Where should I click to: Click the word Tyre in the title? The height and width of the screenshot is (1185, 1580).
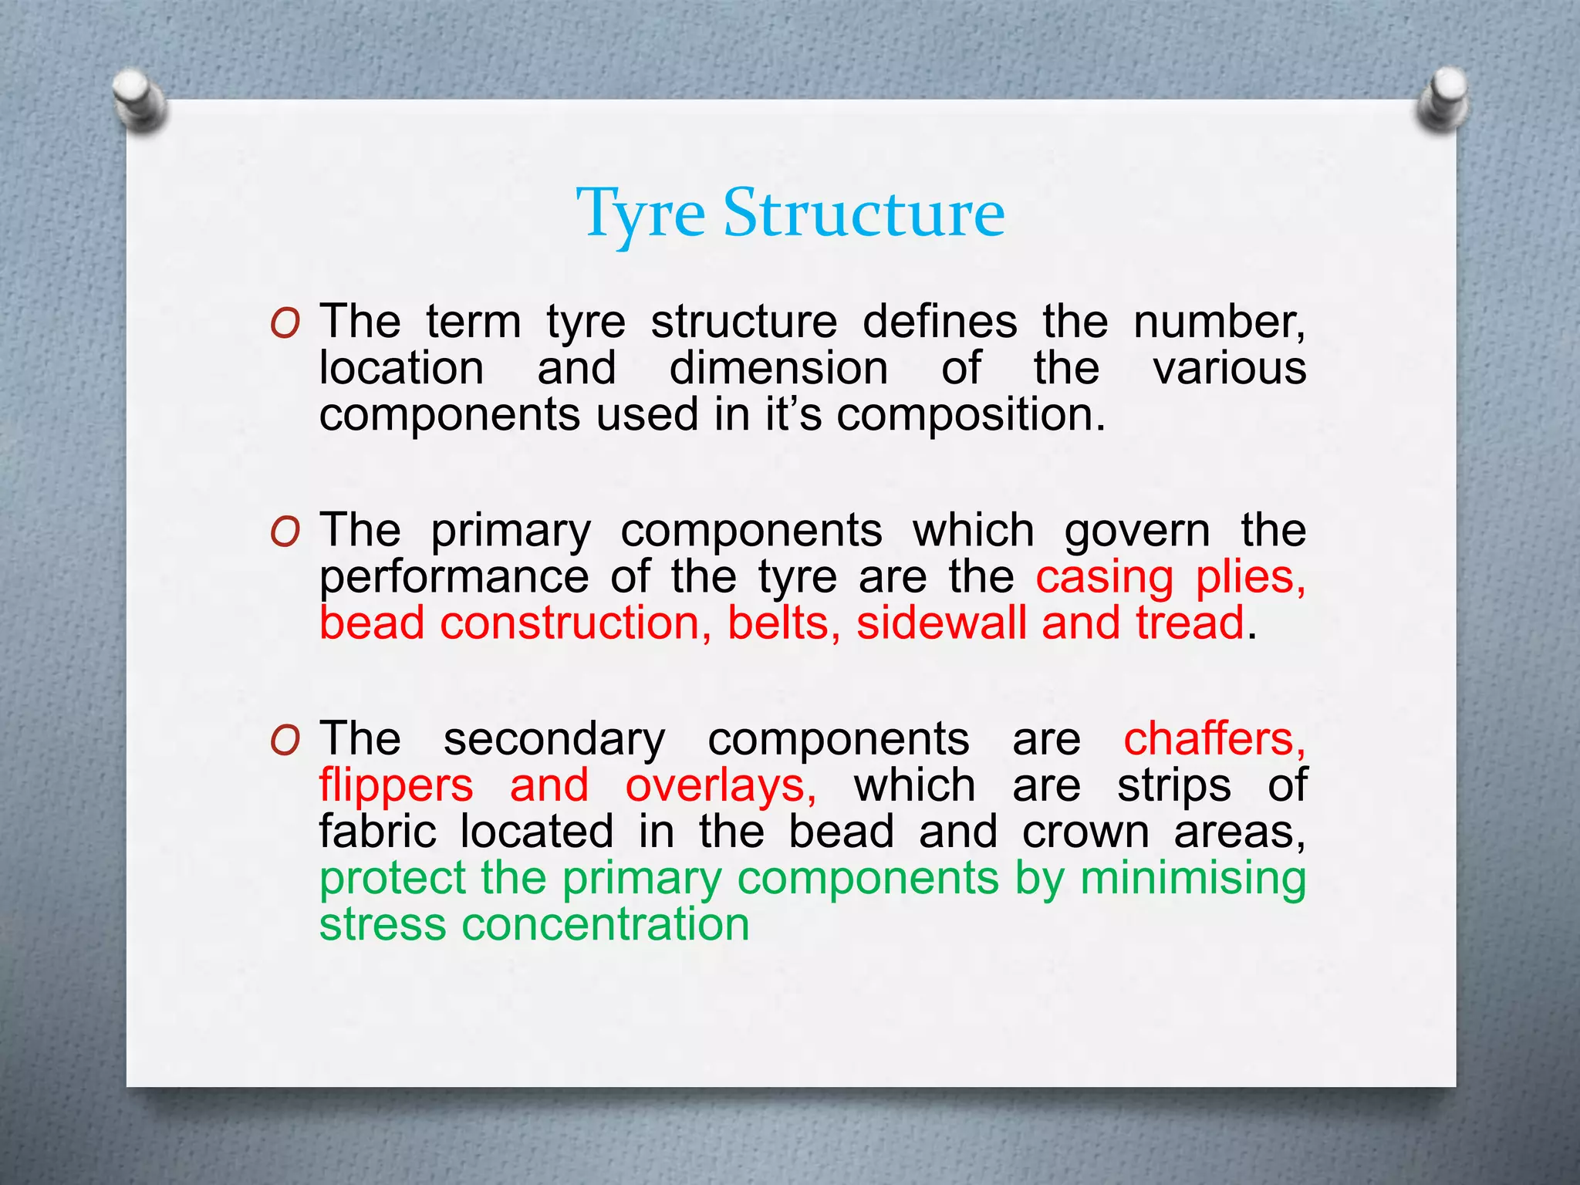640,214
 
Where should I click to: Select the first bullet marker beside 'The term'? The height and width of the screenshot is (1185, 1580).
285,324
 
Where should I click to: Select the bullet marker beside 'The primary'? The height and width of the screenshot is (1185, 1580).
285,532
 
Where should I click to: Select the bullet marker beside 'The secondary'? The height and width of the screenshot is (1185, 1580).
285,741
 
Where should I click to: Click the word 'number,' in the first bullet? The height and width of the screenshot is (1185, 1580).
1219,322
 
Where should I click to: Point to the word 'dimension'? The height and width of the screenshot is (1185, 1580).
778,368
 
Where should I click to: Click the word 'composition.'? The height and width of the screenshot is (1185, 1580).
971,416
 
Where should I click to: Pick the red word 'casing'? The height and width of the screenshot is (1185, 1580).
1104,578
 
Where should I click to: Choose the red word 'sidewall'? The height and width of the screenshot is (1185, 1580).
941,623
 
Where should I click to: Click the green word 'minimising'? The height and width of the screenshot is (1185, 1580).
1193,878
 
